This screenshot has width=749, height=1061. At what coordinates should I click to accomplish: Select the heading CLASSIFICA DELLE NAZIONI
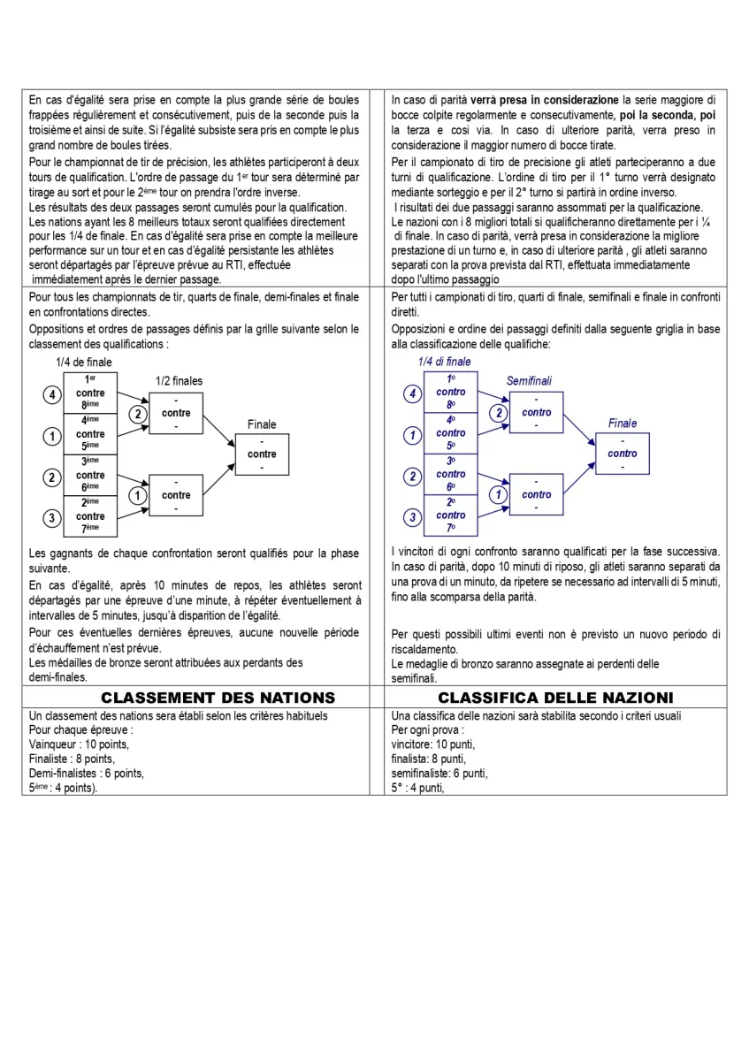click(555, 698)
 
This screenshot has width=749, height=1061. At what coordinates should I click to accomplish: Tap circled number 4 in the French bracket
click(52, 394)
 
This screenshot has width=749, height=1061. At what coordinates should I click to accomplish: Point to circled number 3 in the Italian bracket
click(412, 517)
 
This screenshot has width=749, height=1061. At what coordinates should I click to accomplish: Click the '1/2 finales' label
click(179, 381)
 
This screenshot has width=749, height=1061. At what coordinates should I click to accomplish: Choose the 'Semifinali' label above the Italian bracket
click(529, 381)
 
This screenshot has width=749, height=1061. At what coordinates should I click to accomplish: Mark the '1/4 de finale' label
click(84, 362)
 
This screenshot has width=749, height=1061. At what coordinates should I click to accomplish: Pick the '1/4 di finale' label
click(445, 362)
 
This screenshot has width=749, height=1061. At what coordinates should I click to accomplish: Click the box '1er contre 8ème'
click(90, 393)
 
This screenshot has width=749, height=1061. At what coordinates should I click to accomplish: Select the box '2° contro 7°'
click(451, 515)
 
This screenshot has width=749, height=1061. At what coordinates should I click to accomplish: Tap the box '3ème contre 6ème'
click(90, 475)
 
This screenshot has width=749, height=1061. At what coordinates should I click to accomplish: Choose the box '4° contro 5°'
click(451, 433)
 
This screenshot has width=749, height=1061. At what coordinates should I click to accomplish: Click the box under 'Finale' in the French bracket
click(262, 454)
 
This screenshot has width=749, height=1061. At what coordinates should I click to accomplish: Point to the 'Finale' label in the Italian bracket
click(623, 424)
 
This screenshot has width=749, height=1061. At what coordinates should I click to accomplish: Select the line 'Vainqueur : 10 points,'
click(79, 744)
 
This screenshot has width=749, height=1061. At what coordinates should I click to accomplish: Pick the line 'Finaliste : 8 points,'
click(73, 759)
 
